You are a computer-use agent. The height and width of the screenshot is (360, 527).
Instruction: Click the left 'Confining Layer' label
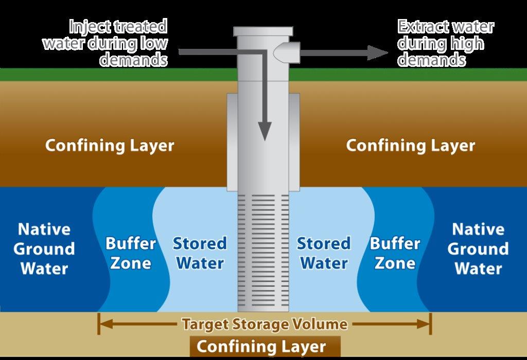pyautogui.click(x=110, y=146)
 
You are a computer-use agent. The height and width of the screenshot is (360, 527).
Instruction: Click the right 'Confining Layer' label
pyautogui.click(x=410, y=146)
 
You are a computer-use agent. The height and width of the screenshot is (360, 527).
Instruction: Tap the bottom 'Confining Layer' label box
pyautogui.click(x=261, y=346)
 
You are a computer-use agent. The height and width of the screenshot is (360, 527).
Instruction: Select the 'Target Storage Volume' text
pyautogui.click(x=264, y=325)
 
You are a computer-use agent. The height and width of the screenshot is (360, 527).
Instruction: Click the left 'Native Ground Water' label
pyautogui.click(x=44, y=249)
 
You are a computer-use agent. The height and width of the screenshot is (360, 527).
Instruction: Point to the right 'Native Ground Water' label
pyautogui.click(x=478, y=249)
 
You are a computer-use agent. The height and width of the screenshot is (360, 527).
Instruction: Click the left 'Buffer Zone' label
pyautogui.click(x=131, y=253)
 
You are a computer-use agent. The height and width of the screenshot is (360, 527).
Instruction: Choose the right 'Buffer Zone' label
pyautogui.click(x=395, y=253)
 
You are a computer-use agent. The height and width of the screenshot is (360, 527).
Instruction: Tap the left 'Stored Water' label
pyautogui.click(x=200, y=253)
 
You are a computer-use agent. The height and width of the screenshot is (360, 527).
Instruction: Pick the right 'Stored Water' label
pyautogui.click(x=324, y=253)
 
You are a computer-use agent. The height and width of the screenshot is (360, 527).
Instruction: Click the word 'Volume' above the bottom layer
pyautogui.click(x=322, y=325)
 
